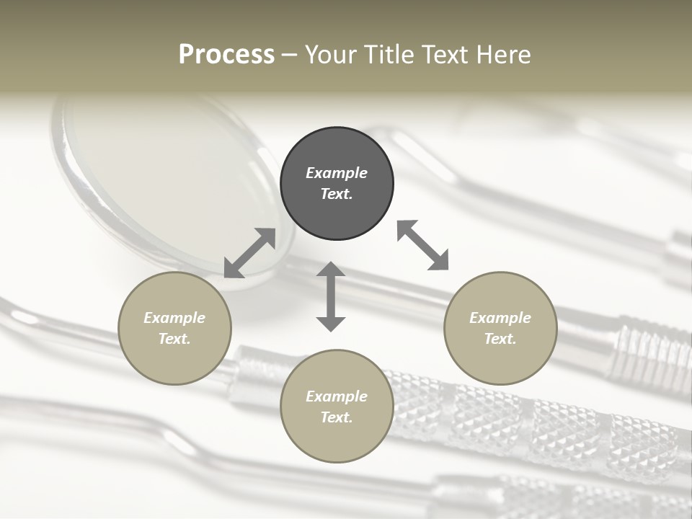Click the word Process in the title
(x=226, y=55)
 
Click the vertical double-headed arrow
(x=331, y=296)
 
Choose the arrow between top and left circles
(x=250, y=253)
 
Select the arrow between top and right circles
(x=423, y=245)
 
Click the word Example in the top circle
(x=337, y=173)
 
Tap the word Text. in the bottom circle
(x=337, y=417)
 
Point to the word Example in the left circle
(x=174, y=318)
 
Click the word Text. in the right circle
(x=500, y=339)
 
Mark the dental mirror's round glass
(x=173, y=180)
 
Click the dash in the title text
(x=290, y=56)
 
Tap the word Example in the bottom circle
(x=337, y=396)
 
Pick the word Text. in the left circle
(x=174, y=339)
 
